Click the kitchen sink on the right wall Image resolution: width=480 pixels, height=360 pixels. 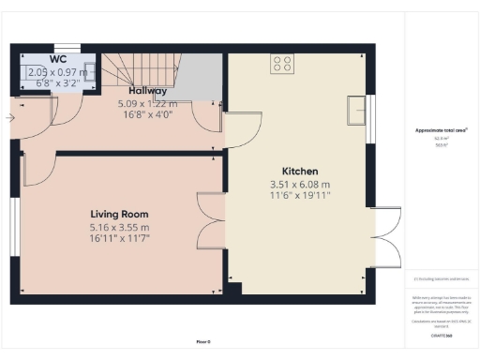point(356,110)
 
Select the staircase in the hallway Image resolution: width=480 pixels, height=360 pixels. point(141,73)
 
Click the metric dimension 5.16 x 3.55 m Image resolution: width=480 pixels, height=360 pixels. point(119,228)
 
